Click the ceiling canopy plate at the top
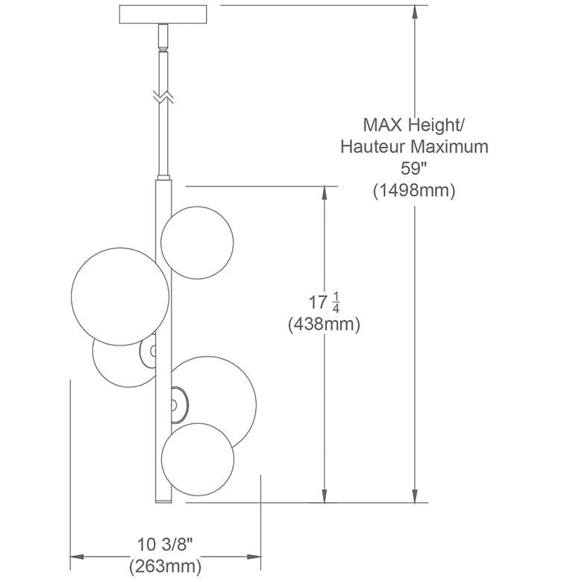163,14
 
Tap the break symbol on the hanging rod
163,96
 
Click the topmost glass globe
197,242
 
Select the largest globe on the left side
120,296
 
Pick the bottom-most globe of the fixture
198,459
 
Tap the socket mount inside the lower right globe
179,404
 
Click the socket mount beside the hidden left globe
148,351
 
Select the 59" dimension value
414,169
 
